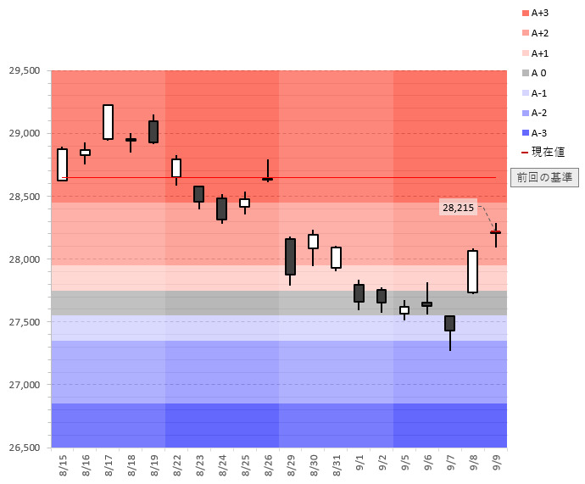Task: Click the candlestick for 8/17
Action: coord(108,122)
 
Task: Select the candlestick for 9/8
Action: coord(472,271)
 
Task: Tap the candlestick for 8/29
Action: coord(290,256)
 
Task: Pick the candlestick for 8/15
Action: coord(63,164)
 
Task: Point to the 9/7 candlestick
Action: coord(449,323)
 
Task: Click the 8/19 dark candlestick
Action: coord(153,131)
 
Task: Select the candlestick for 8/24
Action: coord(221,209)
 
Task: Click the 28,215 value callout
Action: coord(458,208)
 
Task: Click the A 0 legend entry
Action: coord(538,73)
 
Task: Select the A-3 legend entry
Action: coord(538,132)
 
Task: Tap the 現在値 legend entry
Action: coord(543,152)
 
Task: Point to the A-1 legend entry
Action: coord(538,92)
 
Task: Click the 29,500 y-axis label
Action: coord(25,70)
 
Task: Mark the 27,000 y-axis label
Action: coord(25,385)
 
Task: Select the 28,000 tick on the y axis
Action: coord(25,259)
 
